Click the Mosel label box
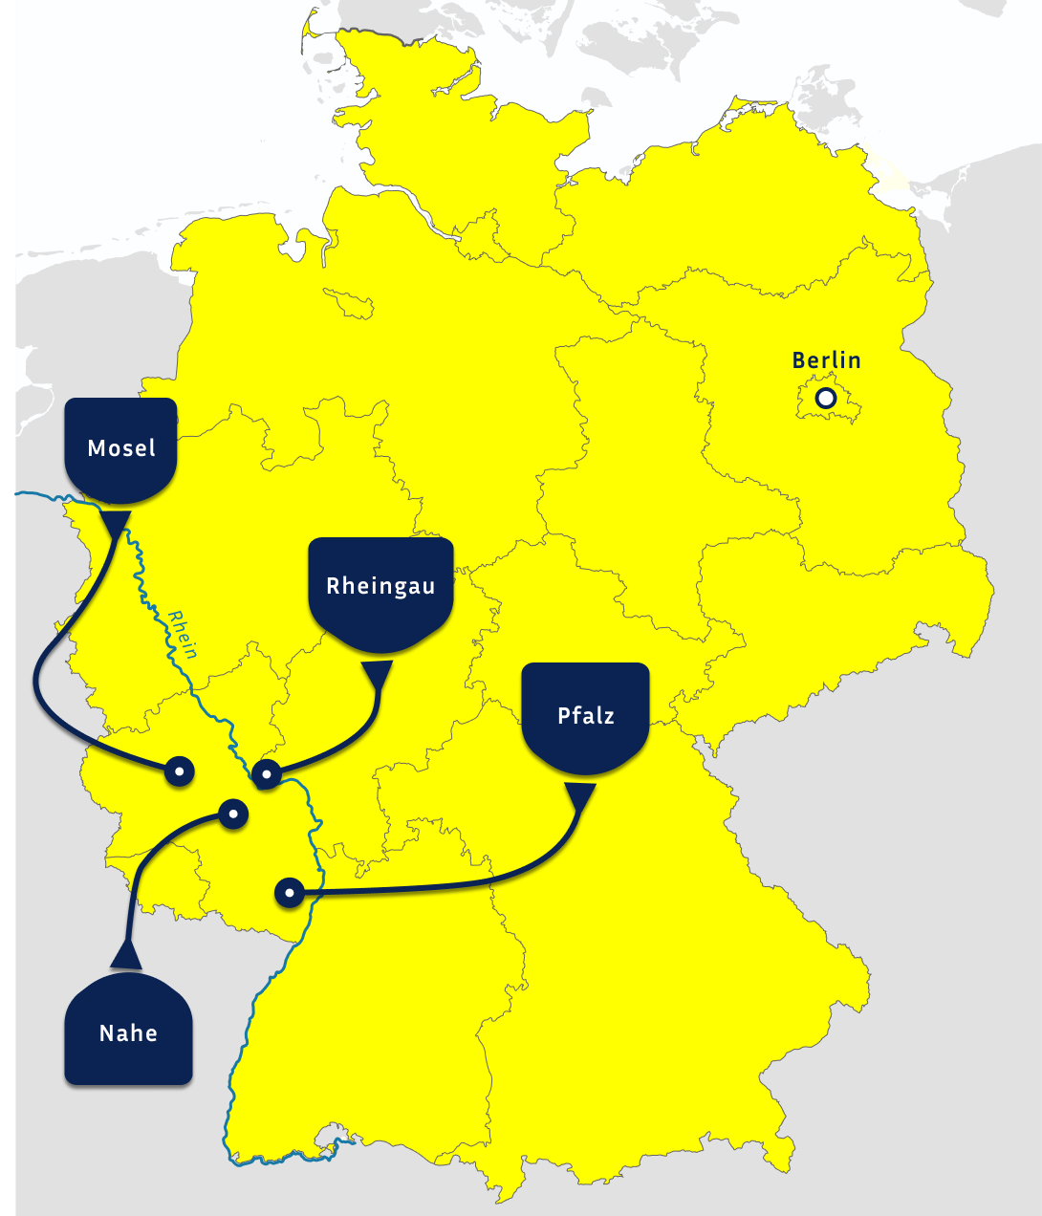120,450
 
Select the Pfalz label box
585,716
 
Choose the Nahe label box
128,1031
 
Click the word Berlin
826,360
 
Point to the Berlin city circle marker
825,398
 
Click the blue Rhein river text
182,635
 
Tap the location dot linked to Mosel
179,770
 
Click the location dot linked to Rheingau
267,773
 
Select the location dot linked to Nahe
233,814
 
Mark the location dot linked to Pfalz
289,893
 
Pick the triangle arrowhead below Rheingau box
378,674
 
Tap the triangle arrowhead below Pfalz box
579,795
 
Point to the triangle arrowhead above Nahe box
126,955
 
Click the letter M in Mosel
96,448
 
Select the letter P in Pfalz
563,716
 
